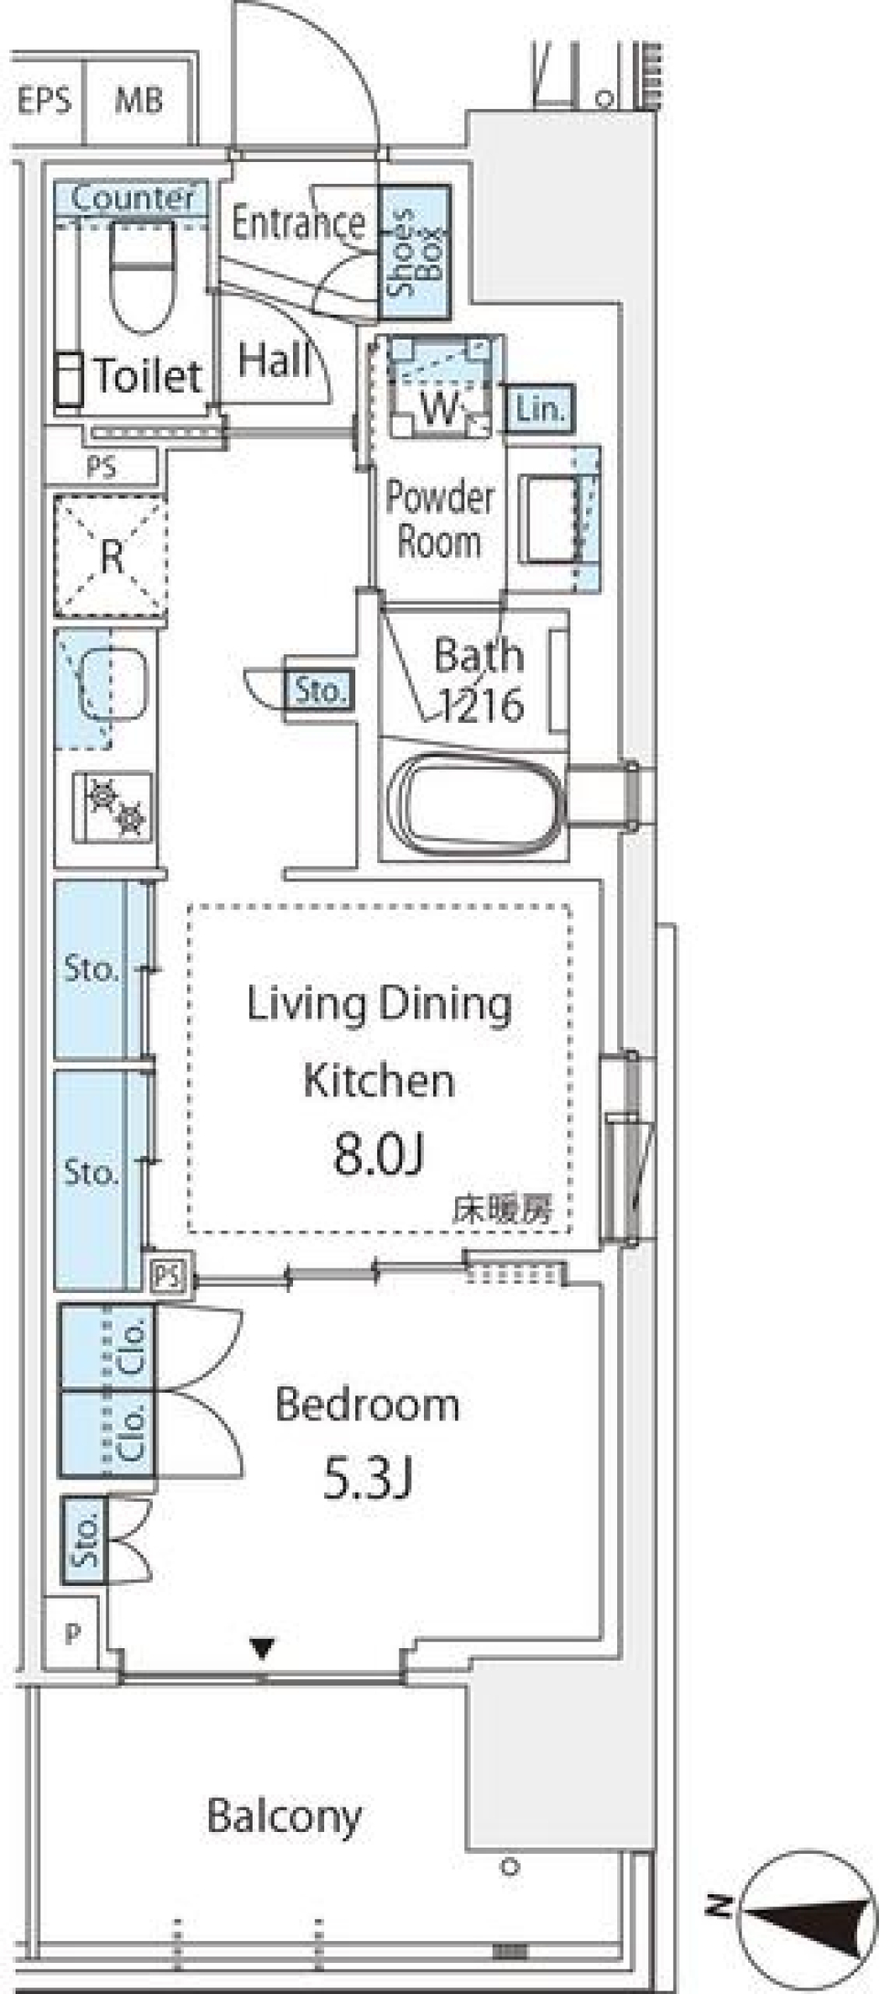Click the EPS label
44,100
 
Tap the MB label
138,100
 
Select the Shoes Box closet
415,252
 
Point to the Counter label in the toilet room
133,198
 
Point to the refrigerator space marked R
111,555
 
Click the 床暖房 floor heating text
503,1210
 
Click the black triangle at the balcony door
263,1648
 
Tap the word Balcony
284,1816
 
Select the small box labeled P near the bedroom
73,1633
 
